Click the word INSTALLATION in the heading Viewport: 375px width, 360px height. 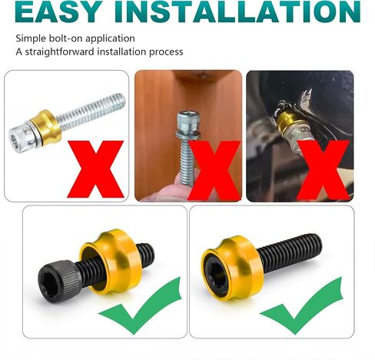[237, 12]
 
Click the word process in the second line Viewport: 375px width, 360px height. [166, 52]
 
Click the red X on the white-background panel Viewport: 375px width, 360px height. [95, 169]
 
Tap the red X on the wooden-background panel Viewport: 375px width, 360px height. [214, 170]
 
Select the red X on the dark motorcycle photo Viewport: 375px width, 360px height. [324, 170]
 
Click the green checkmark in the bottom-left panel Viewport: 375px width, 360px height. [141, 306]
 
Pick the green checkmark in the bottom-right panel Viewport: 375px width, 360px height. [302, 306]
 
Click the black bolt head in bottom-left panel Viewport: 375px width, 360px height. [59, 282]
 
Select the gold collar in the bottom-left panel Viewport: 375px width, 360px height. [111, 262]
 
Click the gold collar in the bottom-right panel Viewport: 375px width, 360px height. [232, 268]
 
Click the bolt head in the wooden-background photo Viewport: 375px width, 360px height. [188, 122]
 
